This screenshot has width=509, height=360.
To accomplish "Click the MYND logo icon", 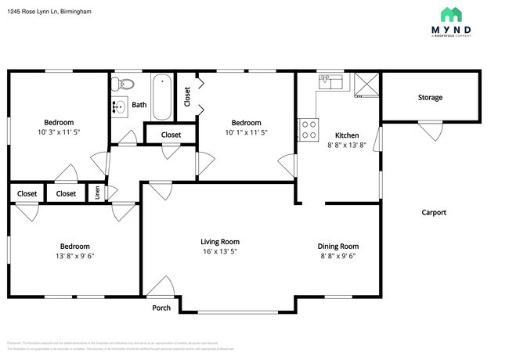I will pyautogui.click(x=451, y=15).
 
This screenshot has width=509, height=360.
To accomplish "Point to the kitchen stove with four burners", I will pyautogui.click(x=309, y=128).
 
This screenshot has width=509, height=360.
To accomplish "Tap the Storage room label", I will pyautogui.click(x=430, y=98).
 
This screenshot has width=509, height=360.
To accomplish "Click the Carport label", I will pyautogui.click(x=434, y=212).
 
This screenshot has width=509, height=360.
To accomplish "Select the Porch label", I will pyautogui.click(x=161, y=308).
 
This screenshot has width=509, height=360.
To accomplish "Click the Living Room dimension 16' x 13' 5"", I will pyautogui.click(x=219, y=252).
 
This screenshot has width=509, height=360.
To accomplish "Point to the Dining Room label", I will pyautogui.click(x=338, y=246).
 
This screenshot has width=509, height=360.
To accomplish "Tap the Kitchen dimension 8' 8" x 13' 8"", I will pyautogui.click(x=347, y=145).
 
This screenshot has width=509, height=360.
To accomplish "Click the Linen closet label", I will pyautogui.click(x=98, y=193).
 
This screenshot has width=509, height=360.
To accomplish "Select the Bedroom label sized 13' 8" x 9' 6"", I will pyautogui.click(x=59, y=246).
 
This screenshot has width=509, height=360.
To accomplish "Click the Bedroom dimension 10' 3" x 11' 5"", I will pyautogui.click(x=59, y=132).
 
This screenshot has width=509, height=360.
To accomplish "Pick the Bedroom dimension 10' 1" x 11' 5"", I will pyautogui.click(x=246, y=132).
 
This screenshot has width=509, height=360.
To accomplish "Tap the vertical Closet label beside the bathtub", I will pyautogui.click(x=187, y=96).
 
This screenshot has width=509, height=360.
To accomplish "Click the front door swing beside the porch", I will pyautogui.click(x=163, y=286).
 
